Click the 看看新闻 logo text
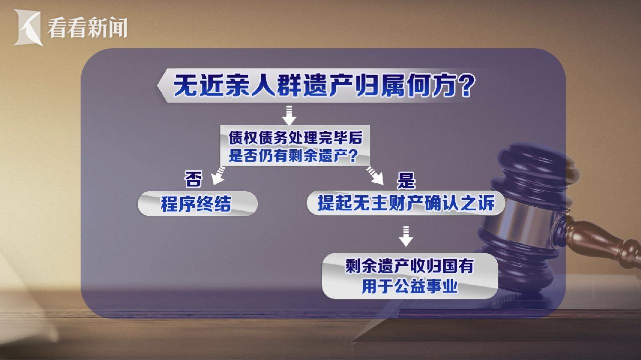[87, 28]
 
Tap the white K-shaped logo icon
[28, 27]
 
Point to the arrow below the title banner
[289, 115]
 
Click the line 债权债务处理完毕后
[295, 138]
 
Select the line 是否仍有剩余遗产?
[293, 156]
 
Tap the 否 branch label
[193, 179]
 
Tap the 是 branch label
[406, 180]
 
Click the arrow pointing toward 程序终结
[218, 175]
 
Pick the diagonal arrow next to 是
[375, 175]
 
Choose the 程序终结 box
[197, 203]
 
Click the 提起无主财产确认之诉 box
[406, 203]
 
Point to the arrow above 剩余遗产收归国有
[406, 236]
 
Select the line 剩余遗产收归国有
[409, 266]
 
